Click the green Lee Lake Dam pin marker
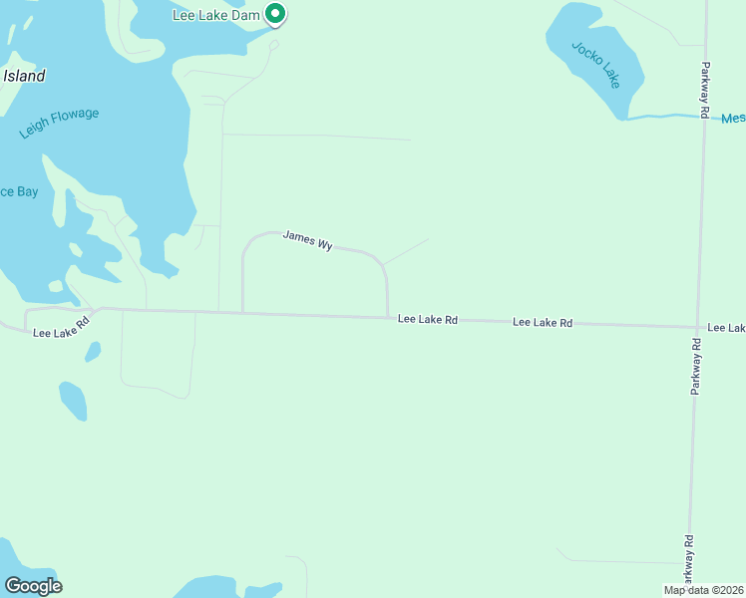point(276,14)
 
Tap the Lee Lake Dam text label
point(215,15)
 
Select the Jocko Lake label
point(595,65)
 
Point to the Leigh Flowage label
point(59,123)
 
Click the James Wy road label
point(307,239)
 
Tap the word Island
point(24,76)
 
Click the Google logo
point(33,586)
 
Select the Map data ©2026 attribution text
point(703,590)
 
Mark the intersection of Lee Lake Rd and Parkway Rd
point(697,326)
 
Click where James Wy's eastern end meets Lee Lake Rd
point(387,318)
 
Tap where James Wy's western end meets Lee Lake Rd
point(243,313)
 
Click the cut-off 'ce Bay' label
point(18,191)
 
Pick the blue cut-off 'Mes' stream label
point(733,118)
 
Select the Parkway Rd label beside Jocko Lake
point(703,92)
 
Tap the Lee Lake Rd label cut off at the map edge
point(726,327)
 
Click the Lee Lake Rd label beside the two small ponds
point(61,325)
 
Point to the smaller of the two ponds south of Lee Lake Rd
point(93,351)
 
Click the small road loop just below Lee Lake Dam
point(273,45)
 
